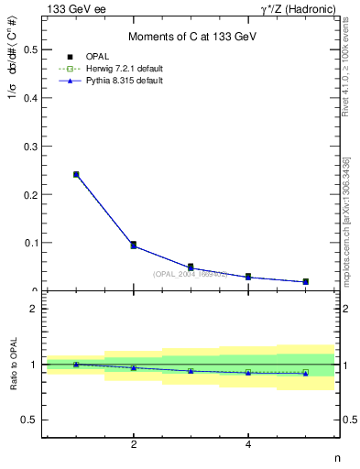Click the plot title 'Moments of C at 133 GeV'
click(x=191, y=36)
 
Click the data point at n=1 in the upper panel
click(x=76, y=174)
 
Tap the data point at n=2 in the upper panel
click(x=134, y=245)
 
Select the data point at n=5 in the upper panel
click(x=306, y=281)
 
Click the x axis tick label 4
click(x=248, y=445)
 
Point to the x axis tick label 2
click(x=134, y=445)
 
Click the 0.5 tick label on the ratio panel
click(x=30, y=420)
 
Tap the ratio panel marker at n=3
click(x=191, y=371)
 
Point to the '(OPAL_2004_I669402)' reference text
click(x=191, y=273)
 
